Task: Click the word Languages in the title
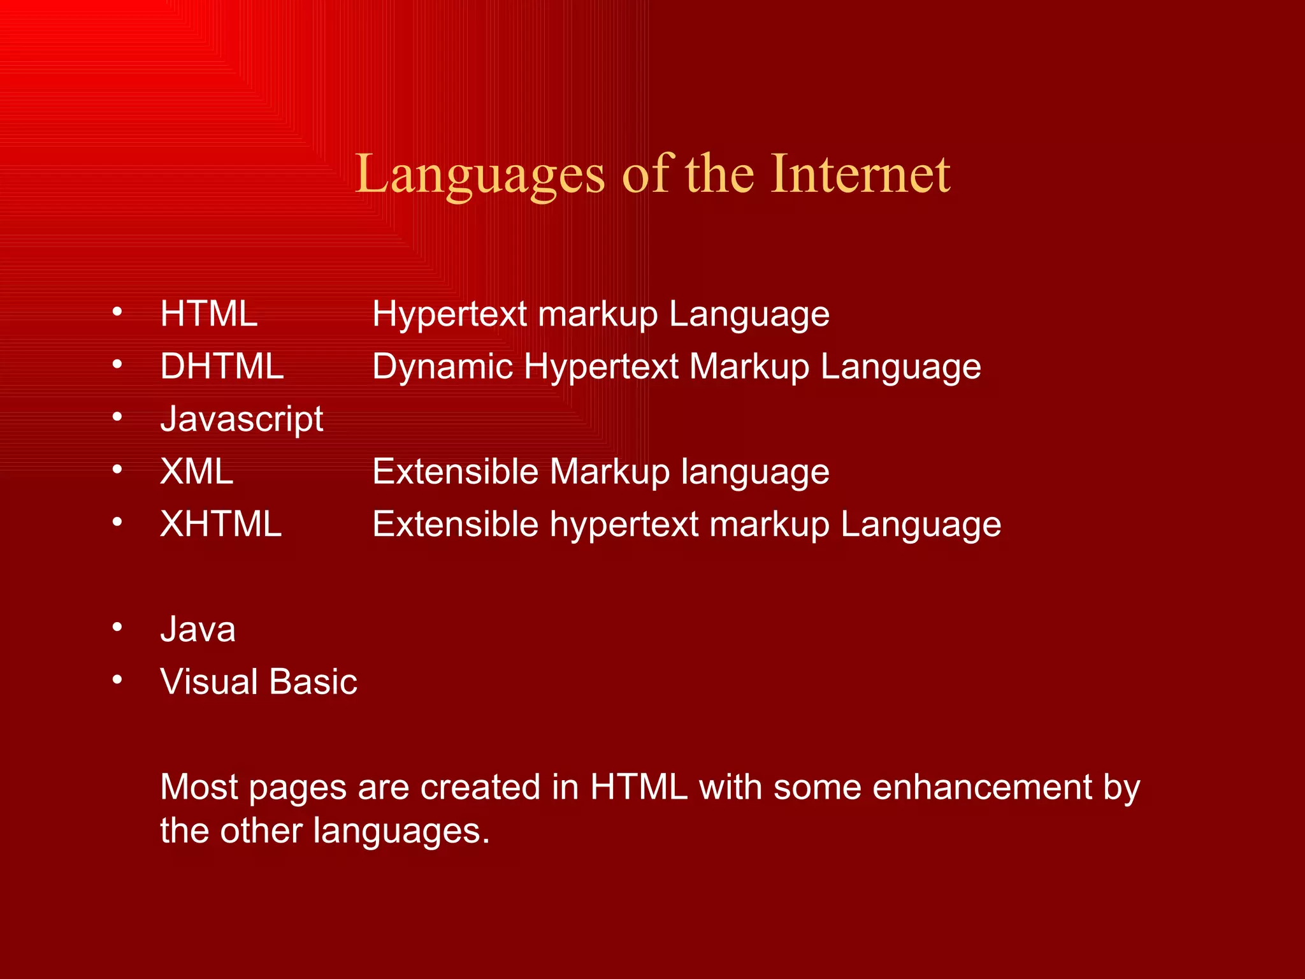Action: coord(479,174)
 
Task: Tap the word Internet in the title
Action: coord(860,174)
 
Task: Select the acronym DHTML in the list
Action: coord(222,366)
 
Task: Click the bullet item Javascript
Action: coord(242,419)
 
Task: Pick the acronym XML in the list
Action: coord(197,472)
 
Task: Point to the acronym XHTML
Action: coord(220,524)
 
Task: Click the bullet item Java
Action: coord(198,629)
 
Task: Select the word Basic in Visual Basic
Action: coord(313,681)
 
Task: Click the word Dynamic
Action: coord(442,367)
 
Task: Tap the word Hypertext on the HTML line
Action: coord(450,315)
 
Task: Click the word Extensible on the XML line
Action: coord(455,472)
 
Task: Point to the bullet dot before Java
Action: coord(117,628)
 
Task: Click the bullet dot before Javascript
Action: coord(117,417)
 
